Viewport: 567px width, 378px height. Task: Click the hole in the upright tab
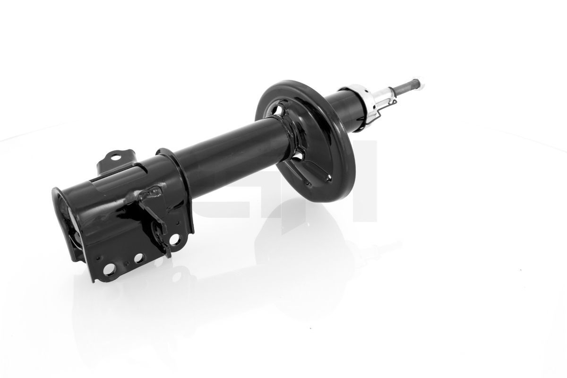(x=116, y=156)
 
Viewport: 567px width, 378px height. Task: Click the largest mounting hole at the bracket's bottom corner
(x=109, y=268)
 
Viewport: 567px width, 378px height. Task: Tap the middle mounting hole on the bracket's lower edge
(x=138, y=258)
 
